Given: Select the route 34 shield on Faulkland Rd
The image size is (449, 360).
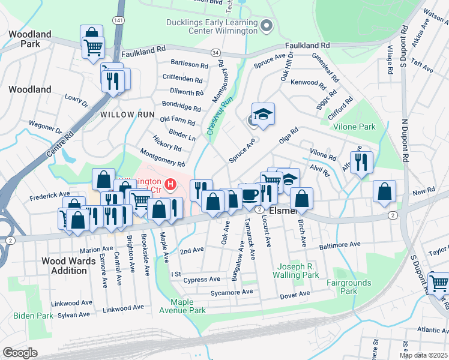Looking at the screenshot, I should pyautogui.click(x=215, y=54).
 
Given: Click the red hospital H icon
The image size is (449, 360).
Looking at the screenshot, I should pyautogui.click(x=171, y=185).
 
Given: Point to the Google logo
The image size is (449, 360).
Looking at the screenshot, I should pyautogui.click(x=20, y=352).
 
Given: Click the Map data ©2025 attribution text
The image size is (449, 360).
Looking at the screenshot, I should pyautogui.click(x=423, y=355).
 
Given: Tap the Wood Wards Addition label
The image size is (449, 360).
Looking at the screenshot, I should pyautogui.click(x=69, y=266).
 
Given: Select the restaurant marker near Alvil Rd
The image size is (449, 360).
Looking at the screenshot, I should pyautogui.click(x=361, y=161).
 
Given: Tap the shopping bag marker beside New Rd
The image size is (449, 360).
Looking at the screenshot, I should pyautogui.click(x=384, y=191).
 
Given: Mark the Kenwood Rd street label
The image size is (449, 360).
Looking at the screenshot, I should pyautogui.click(x=307, y=82).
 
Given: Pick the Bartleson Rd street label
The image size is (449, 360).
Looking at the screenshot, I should pyautogui.click(x=189, y=64).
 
